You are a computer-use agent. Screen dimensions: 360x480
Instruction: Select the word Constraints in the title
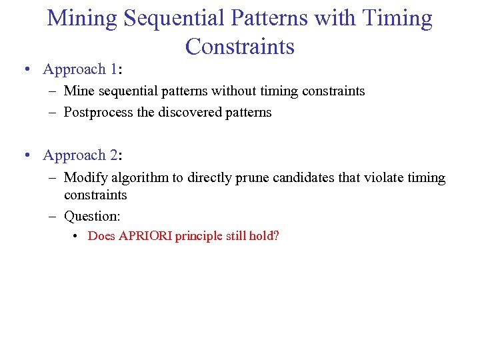pos(240,47)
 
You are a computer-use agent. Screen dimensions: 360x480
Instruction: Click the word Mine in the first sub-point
pos(79,91)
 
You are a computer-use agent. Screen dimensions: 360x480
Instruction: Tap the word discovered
pos(188,113)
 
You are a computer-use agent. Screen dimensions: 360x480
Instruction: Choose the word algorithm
pos(137,178)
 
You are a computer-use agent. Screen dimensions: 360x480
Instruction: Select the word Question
pos(91,216)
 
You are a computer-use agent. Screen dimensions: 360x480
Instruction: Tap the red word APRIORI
pos(145,236)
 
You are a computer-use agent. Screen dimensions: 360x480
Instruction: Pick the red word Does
pos(101,236)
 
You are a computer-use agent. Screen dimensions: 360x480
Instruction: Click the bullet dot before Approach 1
pos(25,70)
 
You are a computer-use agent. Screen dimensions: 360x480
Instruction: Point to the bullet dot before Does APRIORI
pos(77,237)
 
